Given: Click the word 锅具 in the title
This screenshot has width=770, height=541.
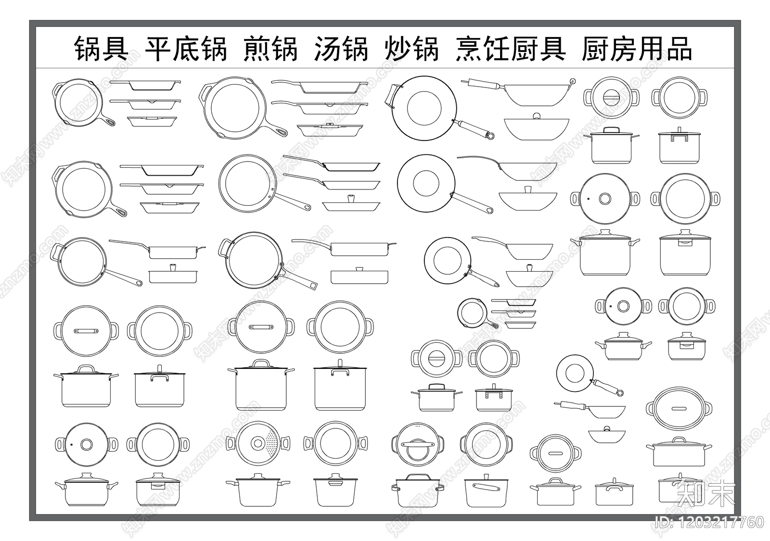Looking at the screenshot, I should [x=101, y=49].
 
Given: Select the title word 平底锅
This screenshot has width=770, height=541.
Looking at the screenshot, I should [x=185, y=49].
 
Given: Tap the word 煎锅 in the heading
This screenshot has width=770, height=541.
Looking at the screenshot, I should [x=270, y=49].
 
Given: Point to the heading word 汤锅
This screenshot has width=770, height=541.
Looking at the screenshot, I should [x=341, y=49].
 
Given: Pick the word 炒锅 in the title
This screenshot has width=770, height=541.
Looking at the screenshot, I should [x=411, y=49].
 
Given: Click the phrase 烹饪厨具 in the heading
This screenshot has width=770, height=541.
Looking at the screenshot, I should [x=510, y=49].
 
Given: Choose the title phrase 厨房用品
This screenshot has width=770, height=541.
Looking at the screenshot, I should [x=636, y=49].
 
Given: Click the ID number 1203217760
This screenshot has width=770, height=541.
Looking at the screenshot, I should [x=710, y=522].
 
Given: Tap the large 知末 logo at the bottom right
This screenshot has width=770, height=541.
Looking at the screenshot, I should [x=706, y=493].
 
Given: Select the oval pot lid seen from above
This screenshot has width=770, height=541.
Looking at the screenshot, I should [x=679, y=408].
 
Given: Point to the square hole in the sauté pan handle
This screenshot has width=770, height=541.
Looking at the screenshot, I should [x=313, y=286].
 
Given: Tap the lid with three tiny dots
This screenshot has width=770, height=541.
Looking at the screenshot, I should [x=417, y=444].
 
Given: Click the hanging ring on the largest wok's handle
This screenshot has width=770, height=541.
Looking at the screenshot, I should [x=490, y=135].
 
